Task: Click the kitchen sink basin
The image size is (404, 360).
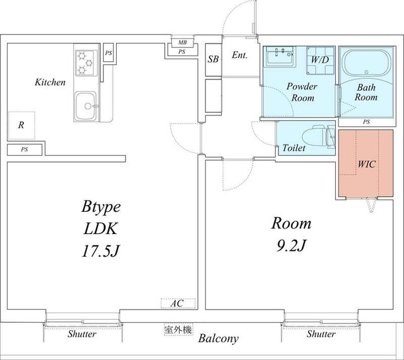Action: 86,106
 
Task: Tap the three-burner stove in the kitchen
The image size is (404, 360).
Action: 86,63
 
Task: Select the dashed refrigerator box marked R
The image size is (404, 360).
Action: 21,125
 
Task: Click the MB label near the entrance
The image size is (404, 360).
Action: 182,42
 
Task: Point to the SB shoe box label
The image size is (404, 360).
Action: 213,59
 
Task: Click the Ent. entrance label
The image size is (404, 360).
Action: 239,55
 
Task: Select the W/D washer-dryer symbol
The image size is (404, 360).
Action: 320,61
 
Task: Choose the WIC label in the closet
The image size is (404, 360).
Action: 366,164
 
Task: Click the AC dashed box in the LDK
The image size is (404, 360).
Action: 178,303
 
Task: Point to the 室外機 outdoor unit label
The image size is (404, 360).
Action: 178,330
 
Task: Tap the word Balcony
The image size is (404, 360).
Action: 218,339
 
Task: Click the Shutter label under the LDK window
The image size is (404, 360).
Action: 82,334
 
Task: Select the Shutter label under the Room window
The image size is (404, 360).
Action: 321,334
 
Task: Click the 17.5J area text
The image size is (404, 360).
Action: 101,251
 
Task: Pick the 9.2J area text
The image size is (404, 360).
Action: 291,245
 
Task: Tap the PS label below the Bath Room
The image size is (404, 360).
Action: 366,122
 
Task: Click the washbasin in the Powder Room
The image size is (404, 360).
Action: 280,56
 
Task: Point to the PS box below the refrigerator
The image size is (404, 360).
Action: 25,150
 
